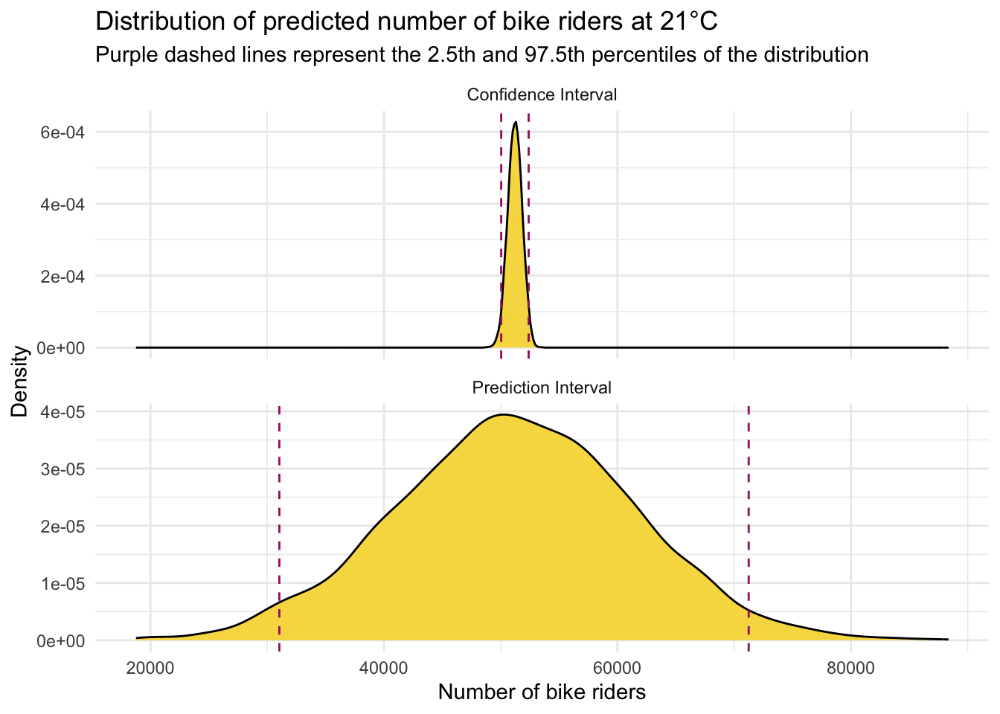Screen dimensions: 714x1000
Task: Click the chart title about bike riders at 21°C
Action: coord(406,22)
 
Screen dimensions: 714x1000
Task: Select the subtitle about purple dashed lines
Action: coord(482,55)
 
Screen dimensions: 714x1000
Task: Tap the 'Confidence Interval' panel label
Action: coord(542,94)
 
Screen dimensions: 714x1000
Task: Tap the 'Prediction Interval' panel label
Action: coord(542,387)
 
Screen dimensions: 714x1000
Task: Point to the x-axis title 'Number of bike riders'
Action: coord(542,692)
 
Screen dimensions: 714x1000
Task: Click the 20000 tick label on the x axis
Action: coord(150,667)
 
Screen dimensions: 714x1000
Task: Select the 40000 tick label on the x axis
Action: coord(384,667)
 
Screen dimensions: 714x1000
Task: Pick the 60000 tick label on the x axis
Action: coord(617,667)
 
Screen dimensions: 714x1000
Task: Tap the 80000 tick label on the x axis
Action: coord(850,667)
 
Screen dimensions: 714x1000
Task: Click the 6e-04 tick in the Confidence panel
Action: coord(62,132)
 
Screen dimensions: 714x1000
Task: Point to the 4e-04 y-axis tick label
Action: coord(62,204)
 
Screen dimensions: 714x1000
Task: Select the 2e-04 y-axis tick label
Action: coord(62,276)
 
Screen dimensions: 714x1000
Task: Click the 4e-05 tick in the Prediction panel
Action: coord(62,411)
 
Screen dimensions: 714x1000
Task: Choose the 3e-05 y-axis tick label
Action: coord(62,469)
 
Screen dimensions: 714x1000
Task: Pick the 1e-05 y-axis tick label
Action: coord(62,583)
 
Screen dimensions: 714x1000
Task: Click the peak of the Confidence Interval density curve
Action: coord(515,122)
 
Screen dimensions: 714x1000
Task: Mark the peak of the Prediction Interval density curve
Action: coord(504,415)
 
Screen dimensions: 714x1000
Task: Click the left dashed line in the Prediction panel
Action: coord(279,521)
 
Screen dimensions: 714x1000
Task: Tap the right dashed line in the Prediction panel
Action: coord(749,521)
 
